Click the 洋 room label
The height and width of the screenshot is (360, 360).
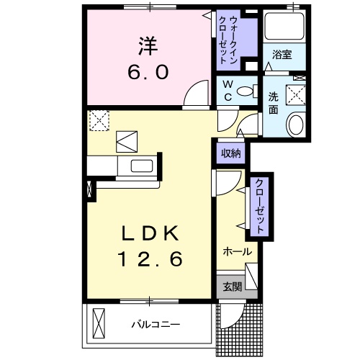click(x=148, y=45)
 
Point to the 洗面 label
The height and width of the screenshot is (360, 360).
click(x=274, y=103)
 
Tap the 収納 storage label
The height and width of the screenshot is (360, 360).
click(x=230, y=152)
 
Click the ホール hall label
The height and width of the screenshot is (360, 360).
click(x=237, y=252)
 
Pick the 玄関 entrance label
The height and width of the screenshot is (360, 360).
click(x=231, y=287)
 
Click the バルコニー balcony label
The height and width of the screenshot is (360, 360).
click(x=155, y=324)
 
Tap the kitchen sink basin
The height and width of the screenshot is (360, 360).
click(x=139, y=166)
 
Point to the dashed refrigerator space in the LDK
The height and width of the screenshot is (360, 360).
click(x=99, y=120)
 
